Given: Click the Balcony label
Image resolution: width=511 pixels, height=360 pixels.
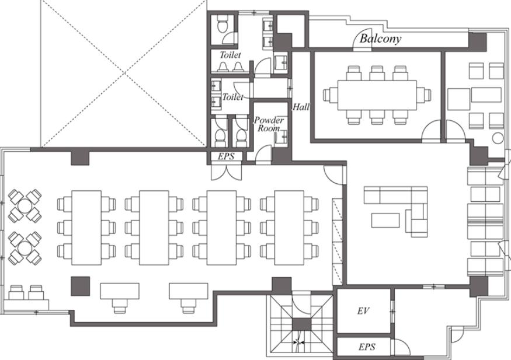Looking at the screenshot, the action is coord(380,39).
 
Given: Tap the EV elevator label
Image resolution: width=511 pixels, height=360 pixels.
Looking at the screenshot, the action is coord(363,311).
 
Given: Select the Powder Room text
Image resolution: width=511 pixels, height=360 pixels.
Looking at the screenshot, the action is coord(269,124).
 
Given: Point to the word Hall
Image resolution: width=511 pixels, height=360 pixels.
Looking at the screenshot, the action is coord(301,107).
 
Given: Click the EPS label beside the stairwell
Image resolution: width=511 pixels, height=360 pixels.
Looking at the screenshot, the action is coord(367,347).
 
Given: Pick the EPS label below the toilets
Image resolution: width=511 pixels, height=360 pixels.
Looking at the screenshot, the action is coord(226,156).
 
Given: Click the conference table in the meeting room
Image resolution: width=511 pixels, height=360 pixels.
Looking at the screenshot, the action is coord(377,95).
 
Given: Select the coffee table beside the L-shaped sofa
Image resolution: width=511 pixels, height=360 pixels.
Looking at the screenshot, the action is coord(385,221).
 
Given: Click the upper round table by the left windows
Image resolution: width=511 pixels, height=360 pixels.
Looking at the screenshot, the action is coord(25,206).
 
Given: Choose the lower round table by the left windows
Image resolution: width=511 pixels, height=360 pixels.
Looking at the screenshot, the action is coord(25,248).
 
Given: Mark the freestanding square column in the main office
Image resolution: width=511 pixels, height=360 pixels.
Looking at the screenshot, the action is coord(80,286).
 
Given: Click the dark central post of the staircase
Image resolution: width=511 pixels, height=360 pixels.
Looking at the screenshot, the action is coord(301,325).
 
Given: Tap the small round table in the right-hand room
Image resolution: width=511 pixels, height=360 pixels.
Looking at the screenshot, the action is coord(498,138).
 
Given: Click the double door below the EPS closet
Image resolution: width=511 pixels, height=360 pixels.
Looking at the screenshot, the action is coord(227,171).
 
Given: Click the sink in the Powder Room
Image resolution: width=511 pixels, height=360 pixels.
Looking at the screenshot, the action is coord(281,137).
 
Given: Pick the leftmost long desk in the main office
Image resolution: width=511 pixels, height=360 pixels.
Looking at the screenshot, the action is coord(86,228).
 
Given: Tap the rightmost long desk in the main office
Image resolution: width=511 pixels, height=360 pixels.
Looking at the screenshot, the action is coord(289,228).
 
